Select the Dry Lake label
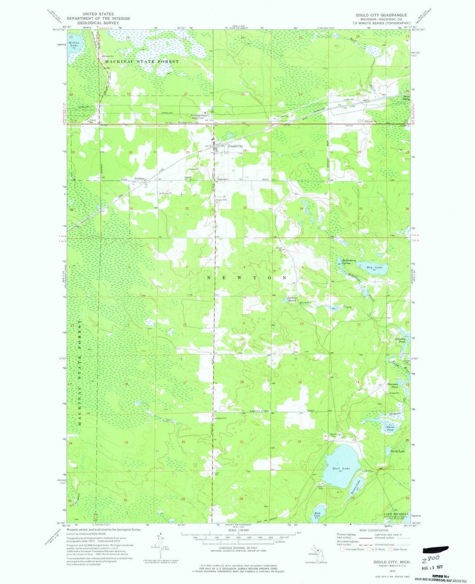[x=375, y=267]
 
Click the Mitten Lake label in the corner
[x=75, y=42]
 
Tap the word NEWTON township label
[x=247, y=278]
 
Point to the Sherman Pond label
[x=392, y=386]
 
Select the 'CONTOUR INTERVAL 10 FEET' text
[x=240, y=545]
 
